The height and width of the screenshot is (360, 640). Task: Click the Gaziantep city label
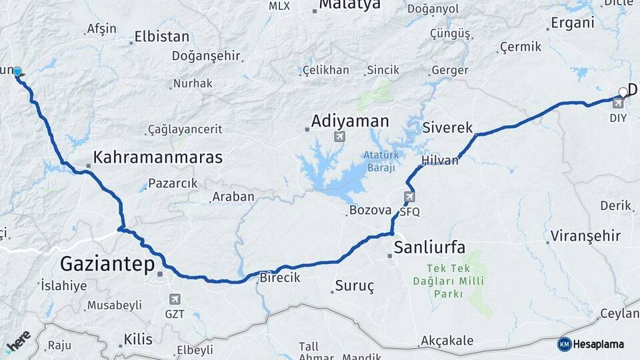106,264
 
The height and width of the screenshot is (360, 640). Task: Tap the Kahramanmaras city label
157,157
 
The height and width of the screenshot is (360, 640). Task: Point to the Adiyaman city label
350,121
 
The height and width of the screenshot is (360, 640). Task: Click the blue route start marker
17,72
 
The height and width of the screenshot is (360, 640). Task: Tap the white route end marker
623,92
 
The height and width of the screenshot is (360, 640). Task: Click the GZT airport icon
175,299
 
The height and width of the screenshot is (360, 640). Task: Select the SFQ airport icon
408,197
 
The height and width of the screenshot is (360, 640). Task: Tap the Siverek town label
447,127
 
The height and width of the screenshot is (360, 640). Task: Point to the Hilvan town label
440,161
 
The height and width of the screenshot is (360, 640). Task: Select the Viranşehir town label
585,235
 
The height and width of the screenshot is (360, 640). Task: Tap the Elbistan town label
161,37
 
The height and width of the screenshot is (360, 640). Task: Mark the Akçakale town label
447,341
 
